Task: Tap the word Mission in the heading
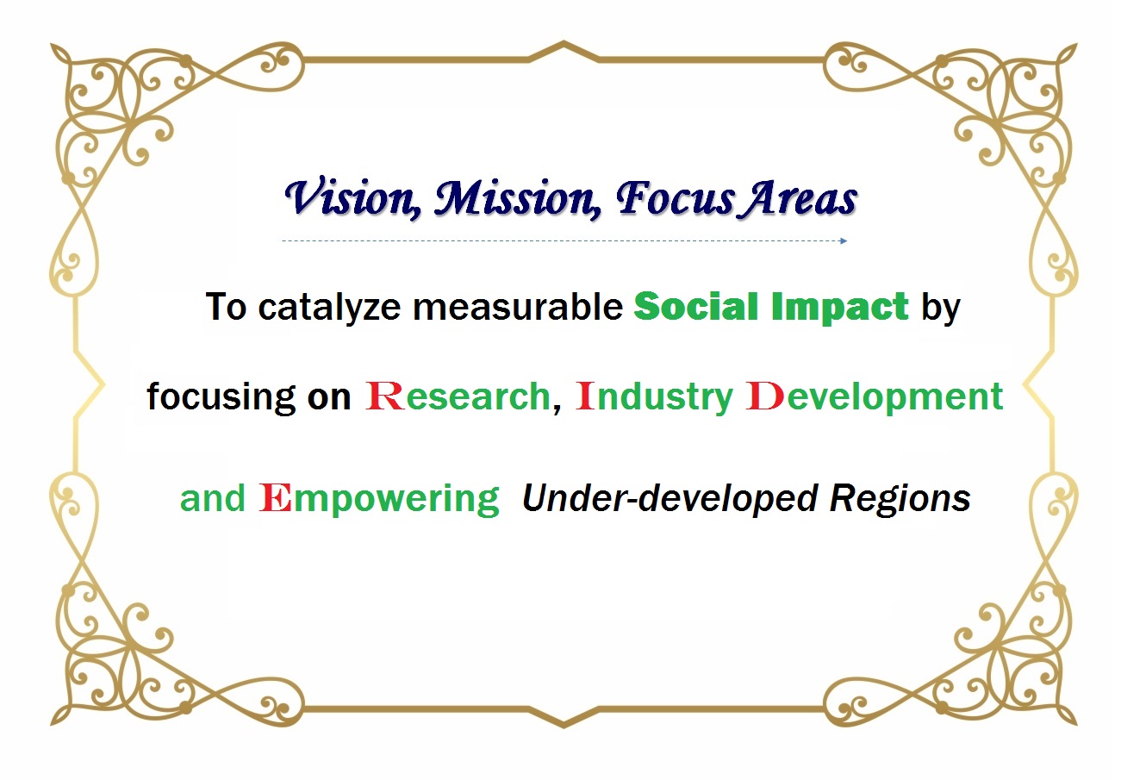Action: point(517,198)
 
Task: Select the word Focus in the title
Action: point(676,198)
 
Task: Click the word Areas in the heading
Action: point(799,198)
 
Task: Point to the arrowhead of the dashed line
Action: point(844,240)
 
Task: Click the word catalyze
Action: point(329,308)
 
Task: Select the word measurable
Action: point(518,307)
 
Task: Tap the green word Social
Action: point(696,306)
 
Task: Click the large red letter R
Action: point(384,396)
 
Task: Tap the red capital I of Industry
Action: point(585,396)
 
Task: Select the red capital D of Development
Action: point(765,396)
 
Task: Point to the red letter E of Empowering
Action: point(275,497)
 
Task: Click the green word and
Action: point(213,497)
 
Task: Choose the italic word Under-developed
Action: point(670,498)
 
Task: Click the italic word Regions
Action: point(900,499)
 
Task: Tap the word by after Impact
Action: point(941,308)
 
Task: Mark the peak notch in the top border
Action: point(564,43)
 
